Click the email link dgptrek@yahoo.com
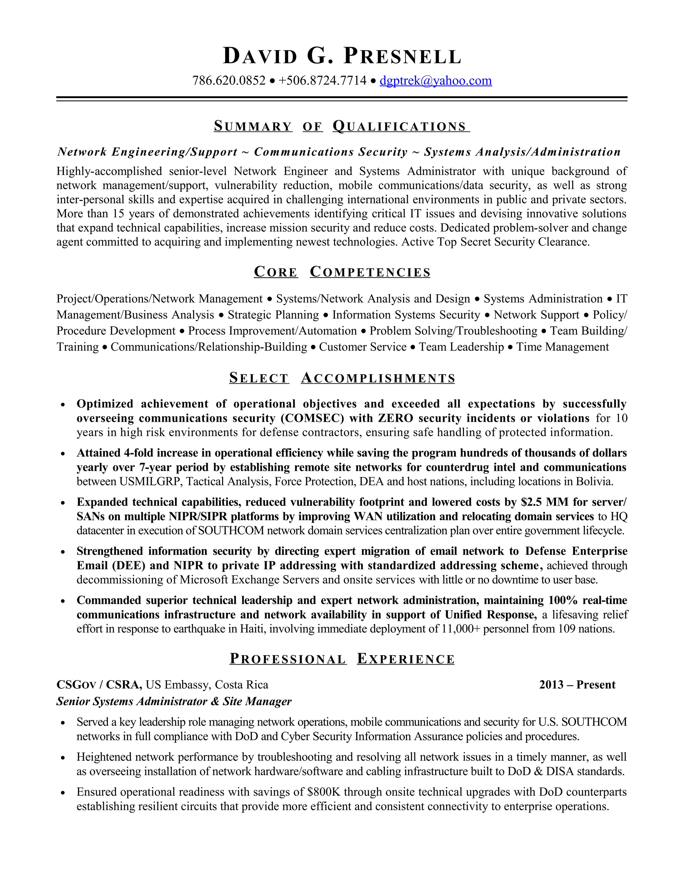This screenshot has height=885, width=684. [x=436, y=80]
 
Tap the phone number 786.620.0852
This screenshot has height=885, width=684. [x=229, y=80]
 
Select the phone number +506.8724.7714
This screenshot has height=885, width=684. [x=323, y=80]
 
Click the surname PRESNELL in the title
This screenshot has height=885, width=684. [x=402, y=56]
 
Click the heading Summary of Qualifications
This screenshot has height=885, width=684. [x=342, y=127]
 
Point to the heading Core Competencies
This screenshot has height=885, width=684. [x=342, y=272]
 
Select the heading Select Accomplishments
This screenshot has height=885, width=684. [x=342, y=378]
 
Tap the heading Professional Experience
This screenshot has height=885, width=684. [x=342, y=659]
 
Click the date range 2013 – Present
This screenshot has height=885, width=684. [x=577, y=685]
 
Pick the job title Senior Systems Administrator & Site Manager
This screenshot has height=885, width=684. [x=174, y=701]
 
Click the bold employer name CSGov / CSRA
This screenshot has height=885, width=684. [x=99, y=685]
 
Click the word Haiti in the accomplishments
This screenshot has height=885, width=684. [x=253, y=629]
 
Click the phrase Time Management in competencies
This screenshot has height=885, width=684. [x=562, y=347]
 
